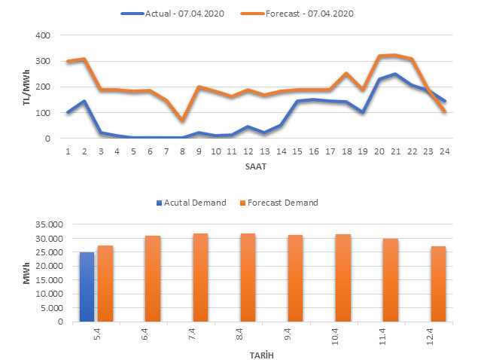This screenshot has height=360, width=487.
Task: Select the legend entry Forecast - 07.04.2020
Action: pos(309,14)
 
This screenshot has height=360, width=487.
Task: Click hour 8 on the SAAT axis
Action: pos(181,151)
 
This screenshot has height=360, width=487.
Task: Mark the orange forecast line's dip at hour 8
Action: pos(181,121)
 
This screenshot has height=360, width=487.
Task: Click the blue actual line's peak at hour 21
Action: pos(394,74)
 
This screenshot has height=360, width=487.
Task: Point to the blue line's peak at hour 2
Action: pos(84,101)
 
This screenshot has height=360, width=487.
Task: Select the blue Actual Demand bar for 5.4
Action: pos(87,287)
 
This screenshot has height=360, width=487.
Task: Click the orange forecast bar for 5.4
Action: pos(105,284)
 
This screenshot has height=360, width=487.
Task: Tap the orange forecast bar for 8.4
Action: pos(248,278)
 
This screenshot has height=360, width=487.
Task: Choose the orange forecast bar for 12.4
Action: pos(439,284)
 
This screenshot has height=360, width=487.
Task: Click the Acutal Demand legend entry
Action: pos(193,202)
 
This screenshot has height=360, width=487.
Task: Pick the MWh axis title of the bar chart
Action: pos(26,273)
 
